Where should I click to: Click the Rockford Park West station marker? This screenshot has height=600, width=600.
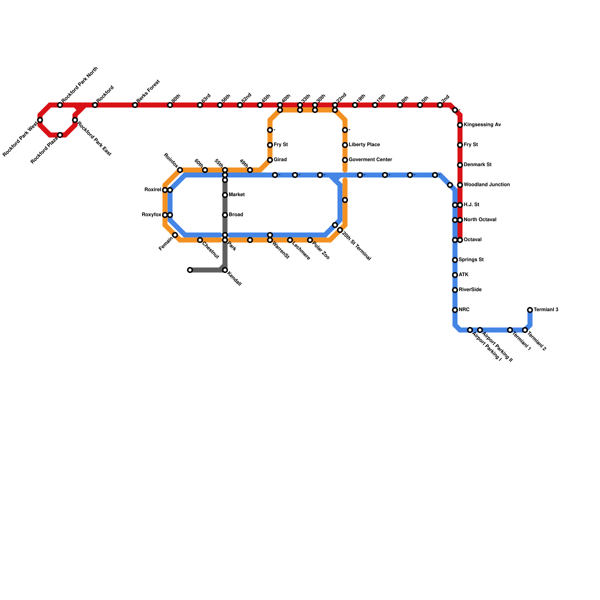point(40,120)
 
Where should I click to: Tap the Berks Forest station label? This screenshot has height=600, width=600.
point(148,91)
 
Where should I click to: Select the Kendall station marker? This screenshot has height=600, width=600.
point(225,270)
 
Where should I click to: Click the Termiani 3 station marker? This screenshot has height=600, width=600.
point(530,310)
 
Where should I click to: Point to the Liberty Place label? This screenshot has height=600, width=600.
point(364,145)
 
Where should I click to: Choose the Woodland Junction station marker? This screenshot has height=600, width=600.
point(460,185)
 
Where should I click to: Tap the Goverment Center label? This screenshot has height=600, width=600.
point(370,160)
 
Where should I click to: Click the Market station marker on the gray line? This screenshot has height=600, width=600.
point(225,195)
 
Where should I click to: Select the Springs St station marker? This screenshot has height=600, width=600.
point(455,260)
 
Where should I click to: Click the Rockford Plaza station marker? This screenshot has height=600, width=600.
point(60,135)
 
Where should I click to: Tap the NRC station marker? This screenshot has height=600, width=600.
point(455,310)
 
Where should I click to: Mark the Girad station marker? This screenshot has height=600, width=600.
point(270,160)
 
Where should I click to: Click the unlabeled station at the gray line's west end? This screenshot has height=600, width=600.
point(190,270)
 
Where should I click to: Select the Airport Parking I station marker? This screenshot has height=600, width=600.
point(470,330)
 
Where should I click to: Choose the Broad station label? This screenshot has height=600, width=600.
point(236,215)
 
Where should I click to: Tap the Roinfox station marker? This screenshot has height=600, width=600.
point(180,170)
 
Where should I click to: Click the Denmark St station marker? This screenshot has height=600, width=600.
point(460,165)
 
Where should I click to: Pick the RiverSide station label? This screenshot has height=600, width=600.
point(470,290)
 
